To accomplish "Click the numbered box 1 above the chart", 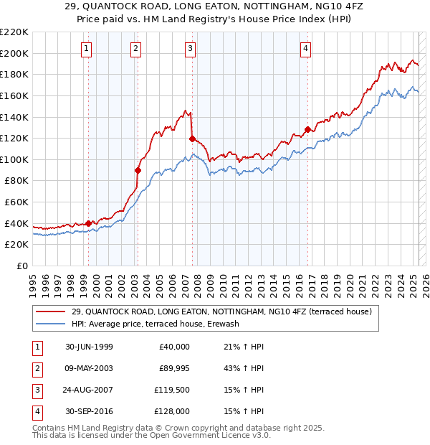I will click(x=86, y=49).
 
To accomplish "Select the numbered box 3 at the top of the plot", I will click(x=190, y=49).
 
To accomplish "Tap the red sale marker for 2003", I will click(x=138, y=170).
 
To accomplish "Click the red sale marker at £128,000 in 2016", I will click(x=307, y=130).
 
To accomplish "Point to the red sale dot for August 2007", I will click(x=192, y=139).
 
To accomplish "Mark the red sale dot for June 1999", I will click(x=89, y=223).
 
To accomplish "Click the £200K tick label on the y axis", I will click(x=14, y=53).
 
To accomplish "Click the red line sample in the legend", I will click(x=50, y=312).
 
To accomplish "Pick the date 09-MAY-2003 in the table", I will click(x=89, y=368).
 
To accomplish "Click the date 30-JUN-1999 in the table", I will click(x=89, y=347).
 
